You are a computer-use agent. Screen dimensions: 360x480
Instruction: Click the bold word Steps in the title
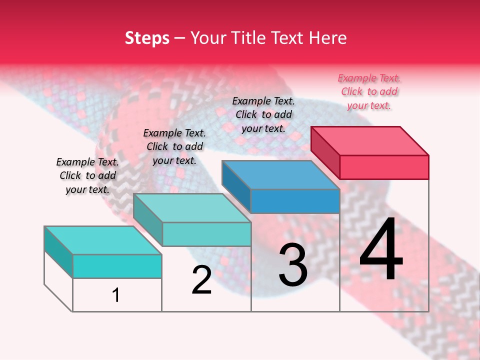click(147, 38)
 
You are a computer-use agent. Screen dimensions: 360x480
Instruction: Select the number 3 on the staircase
click(293, 265)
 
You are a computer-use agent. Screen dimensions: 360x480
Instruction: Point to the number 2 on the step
click(202, 280)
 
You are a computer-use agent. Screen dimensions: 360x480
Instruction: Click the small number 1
click(116, 295)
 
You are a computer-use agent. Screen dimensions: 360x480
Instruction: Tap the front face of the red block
click(384, 167)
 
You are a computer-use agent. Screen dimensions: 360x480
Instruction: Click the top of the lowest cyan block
click(103, 240)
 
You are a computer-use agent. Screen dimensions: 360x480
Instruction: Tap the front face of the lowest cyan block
click(117, 266)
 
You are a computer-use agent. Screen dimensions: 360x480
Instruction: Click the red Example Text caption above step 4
click(369, 91)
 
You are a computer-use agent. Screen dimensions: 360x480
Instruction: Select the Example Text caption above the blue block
click(263, 114)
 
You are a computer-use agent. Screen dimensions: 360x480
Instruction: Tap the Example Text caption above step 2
click(174, 146)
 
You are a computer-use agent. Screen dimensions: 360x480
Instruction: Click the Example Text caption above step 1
click(87, 175)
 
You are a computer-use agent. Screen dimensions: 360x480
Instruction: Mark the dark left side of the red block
click(325, 152)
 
